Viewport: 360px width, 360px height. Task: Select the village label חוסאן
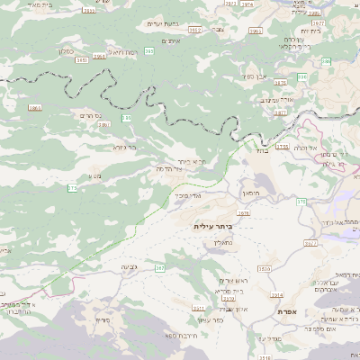249,193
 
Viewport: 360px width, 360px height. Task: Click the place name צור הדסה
168,168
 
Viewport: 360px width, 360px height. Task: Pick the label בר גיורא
124,146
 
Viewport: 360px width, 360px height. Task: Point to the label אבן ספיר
255,76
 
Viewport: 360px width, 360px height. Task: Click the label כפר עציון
212,319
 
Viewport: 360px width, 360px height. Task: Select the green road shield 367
159,268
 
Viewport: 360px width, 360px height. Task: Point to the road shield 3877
280,113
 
